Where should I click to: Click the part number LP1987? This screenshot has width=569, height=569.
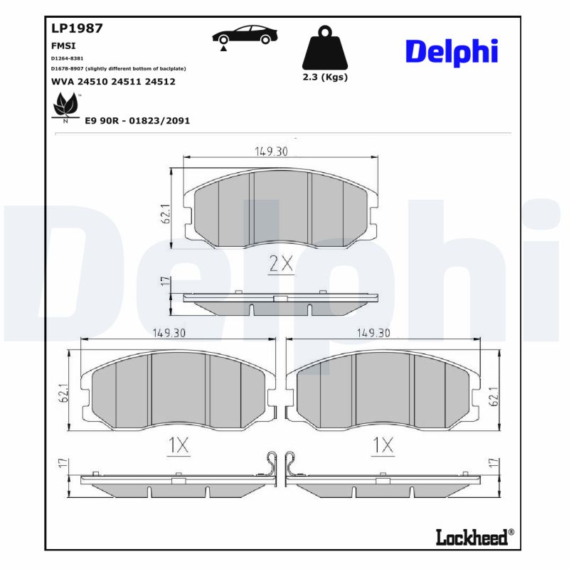78,29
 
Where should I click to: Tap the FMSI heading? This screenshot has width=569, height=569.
64,45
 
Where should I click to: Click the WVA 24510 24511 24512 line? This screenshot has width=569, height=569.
113,82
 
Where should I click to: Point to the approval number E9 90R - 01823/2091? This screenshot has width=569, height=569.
137,121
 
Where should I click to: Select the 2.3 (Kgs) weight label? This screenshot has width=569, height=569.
325,77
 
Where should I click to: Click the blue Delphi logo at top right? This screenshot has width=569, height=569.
451,52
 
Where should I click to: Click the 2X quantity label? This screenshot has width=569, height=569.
281,264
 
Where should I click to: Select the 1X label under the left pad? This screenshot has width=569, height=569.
179,445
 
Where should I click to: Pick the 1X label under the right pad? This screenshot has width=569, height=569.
383,445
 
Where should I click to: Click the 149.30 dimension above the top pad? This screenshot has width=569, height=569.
271,151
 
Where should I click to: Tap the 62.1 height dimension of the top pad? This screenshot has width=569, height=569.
165,213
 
